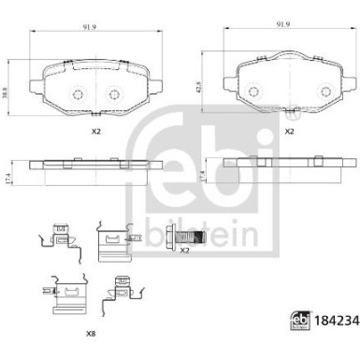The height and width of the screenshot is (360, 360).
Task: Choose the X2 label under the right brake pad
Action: (289, 132)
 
